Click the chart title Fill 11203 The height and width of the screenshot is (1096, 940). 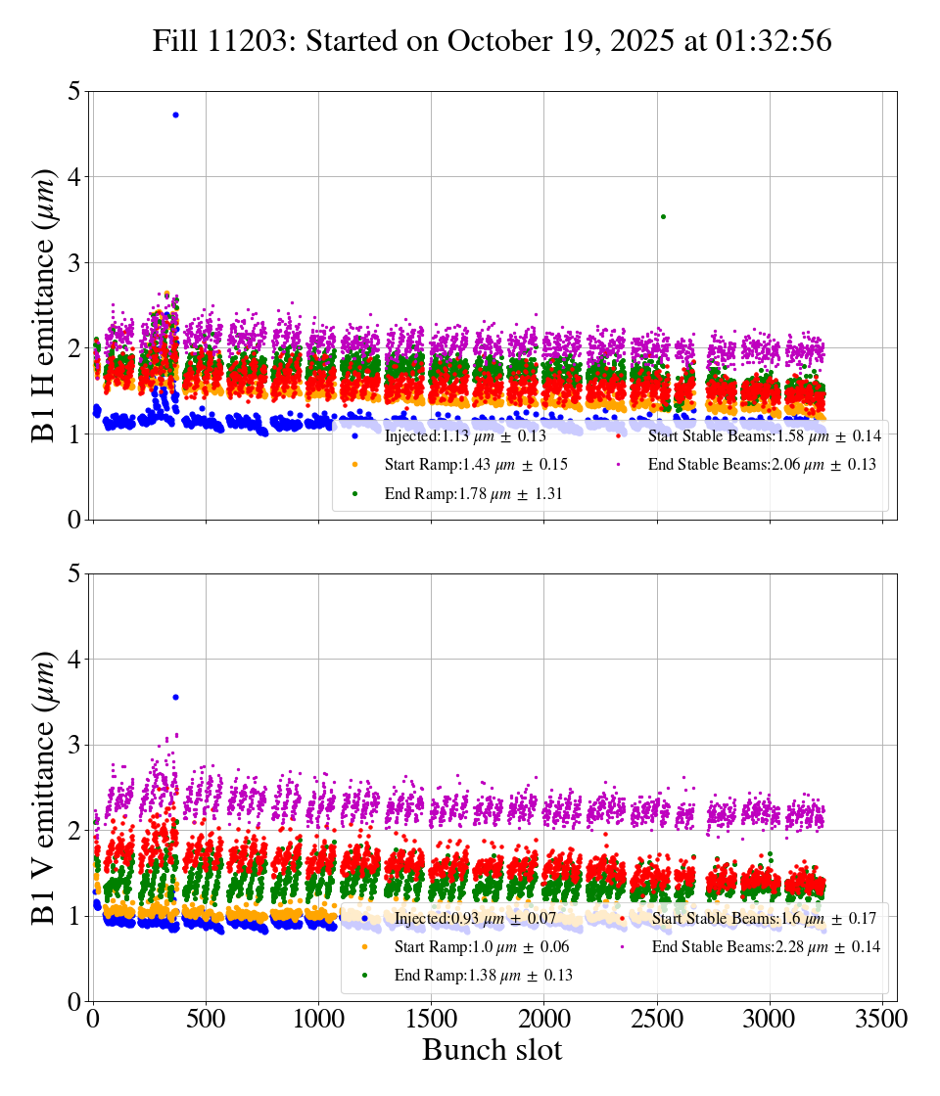pyautogui.click(x=493, y=41)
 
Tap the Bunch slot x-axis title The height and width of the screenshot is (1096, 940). pyautogui.click(x=493, y=1051)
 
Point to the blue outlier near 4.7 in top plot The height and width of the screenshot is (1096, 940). pyautogui.click(x=175, y=114)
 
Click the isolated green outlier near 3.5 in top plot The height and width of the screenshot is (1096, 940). pyautogui.click(x=663, y=216)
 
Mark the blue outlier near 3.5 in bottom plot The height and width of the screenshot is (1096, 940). pyautogui.click(x=175, y=697)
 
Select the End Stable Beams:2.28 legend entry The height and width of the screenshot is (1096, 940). pyautogui.click(x=765, y=946)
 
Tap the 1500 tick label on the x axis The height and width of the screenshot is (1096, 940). pyautogui.click(x=432, y=1019)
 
